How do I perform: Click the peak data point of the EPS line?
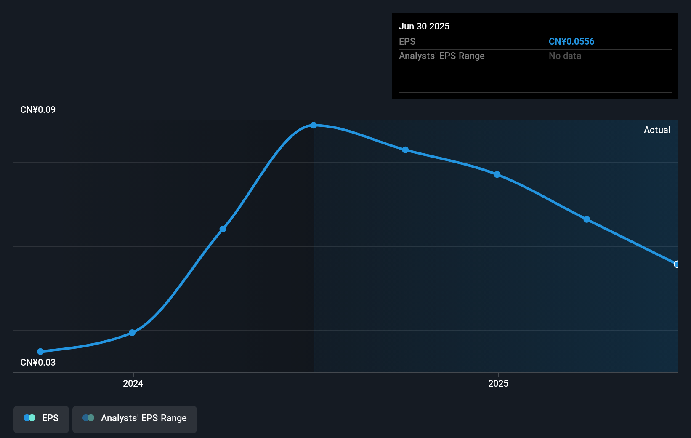tap(314, 125)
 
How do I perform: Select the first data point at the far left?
tap(40, 351)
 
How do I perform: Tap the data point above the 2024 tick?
tap(132, 333)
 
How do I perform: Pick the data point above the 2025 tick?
tap(497, 174)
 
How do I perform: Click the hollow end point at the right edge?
tap(676, 264)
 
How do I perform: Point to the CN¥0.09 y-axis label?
tap(38, 110)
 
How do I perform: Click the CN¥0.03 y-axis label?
tap(38, 363)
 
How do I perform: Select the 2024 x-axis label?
tap(133, 383)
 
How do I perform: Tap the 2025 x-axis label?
tap(498, 383)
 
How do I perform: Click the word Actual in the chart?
tap(657, 130)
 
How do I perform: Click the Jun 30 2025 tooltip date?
tap(424, 27)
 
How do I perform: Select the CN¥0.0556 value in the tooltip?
tap(571, 42)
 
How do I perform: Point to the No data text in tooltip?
tap(565, 56)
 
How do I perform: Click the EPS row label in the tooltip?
tap(407, 42)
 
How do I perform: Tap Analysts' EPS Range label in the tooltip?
tap(441, 56)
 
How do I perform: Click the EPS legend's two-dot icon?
tap(29, 418)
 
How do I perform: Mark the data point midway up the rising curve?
tap(223, 229)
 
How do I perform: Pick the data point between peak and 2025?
tap(405, 150)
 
